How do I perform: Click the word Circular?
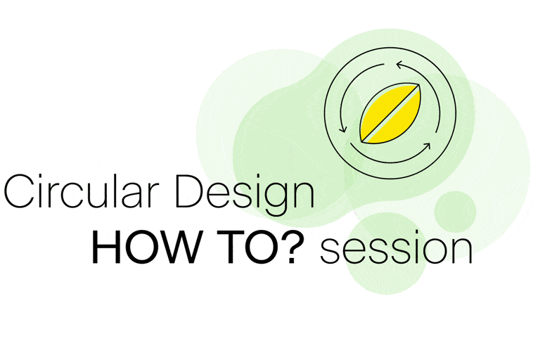(82, 191)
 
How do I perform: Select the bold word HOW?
(145, 247)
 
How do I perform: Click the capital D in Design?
(189, 191)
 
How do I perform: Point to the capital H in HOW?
(105, 247)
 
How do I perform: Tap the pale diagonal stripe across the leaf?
(390, 113)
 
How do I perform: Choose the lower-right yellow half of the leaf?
(399, 122)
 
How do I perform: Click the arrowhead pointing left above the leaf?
(399, 65)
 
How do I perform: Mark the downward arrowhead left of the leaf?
(343, 129)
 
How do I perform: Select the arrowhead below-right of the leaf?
(427, 146)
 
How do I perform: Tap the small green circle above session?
(455, 212)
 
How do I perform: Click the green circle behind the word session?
(387, 253)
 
